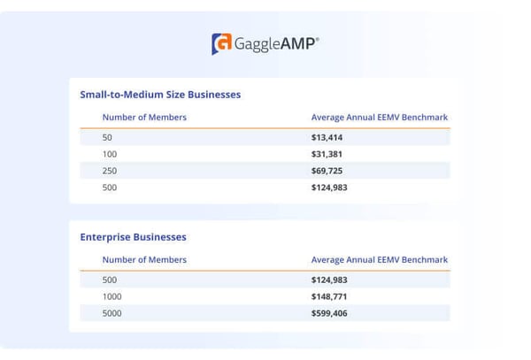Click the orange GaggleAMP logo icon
221,43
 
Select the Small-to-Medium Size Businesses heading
160,94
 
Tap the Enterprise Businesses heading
133,237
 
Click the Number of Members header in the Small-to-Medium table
144,117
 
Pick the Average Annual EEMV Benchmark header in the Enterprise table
379,259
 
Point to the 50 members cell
108,137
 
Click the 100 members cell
110,154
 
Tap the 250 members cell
110,171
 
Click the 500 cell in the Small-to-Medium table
110,188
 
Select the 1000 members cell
112,296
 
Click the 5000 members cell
112,313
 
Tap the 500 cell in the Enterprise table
110,280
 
